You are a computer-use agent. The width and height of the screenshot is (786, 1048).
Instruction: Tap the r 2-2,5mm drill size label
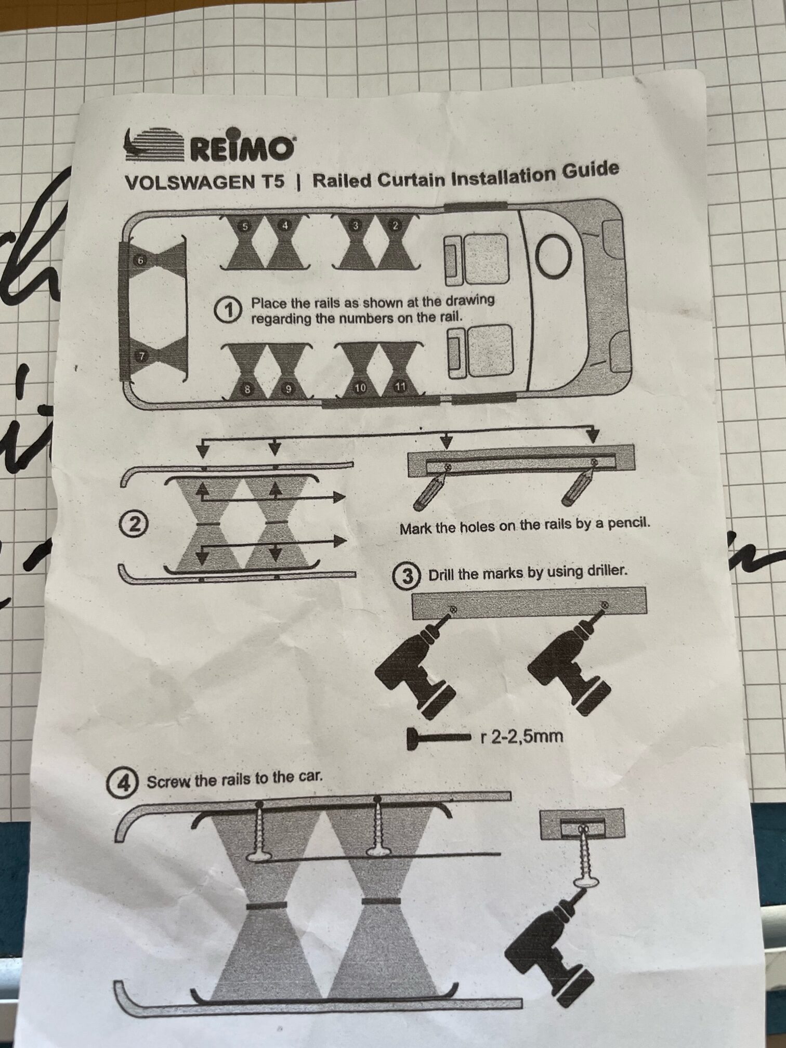[523, 736]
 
